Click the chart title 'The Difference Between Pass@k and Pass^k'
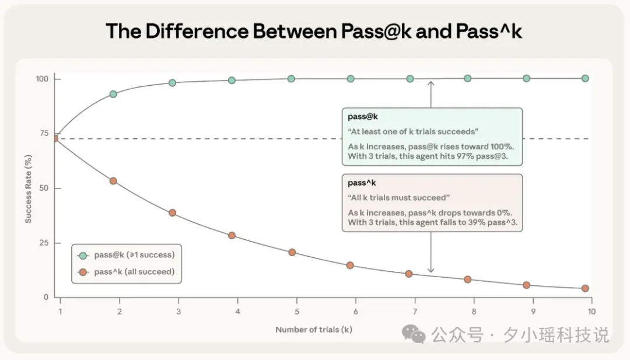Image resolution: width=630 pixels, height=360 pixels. pyautogui.click(x=313, y=32)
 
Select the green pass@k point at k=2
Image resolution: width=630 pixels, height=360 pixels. pyautogui.click(x=113, y=94)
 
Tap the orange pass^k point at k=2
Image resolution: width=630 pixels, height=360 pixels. pyautogui.click(x=113, y=181)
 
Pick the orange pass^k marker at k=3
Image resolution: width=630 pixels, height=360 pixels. pyautogui.click(x=172, y=213)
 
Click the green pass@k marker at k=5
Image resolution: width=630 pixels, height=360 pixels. pyautogui.click(x=291, y=79)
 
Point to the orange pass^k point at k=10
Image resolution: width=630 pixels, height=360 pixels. pyautogui.click(x=585, y=288)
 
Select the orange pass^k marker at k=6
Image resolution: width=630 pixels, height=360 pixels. pyautogui.click(x=350, y=265)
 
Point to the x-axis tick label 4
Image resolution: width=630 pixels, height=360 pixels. pyautogui.click(x=237, y=311)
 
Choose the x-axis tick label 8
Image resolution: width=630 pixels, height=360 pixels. pyautogui.click(x=474, y=311)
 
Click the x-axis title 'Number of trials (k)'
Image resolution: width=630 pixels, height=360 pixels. pyautogui.click(x=314, y=330)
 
